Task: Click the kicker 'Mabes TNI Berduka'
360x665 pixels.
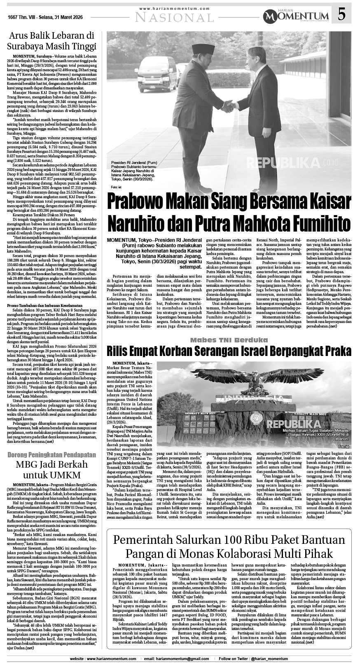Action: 229,340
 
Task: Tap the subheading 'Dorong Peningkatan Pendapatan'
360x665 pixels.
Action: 52,455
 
